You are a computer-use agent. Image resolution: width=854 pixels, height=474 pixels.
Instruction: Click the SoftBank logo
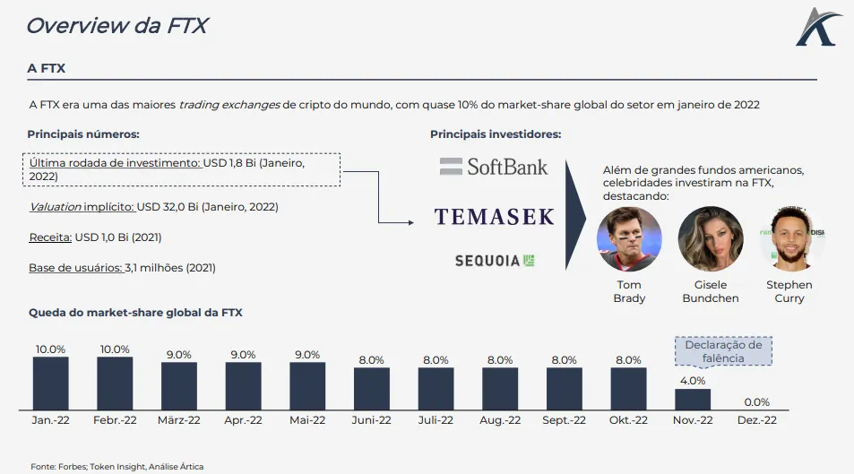(x=494, y=166)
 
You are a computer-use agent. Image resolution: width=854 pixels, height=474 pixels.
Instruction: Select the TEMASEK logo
(x=494, y=216)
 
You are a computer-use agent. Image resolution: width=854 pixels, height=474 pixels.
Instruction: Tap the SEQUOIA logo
(x=495, y=260)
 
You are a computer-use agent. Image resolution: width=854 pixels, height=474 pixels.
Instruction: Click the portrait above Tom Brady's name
(x=629, y=238)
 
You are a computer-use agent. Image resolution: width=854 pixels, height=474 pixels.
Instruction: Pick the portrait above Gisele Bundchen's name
(x=711, y=238)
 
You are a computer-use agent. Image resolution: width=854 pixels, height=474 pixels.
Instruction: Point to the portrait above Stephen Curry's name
(x=789, y=238)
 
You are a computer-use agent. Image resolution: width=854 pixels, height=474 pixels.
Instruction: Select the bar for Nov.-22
(x=692, y=399)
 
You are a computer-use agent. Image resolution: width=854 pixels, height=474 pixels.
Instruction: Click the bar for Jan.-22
(x=50, y=384)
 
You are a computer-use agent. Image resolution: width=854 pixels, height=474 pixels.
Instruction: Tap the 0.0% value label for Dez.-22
(x=756, y=402)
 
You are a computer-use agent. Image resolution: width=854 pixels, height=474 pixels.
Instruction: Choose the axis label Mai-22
(x=307, y=420)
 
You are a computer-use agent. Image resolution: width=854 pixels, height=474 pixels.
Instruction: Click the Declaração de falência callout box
(x=722, y=351)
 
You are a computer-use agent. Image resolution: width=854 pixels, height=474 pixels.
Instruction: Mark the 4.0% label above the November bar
(x=692, y=381)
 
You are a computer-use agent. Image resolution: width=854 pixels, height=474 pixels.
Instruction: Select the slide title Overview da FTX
(x=116, y=25)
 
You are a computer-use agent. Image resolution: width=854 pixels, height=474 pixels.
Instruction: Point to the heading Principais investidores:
(x=496, y=134)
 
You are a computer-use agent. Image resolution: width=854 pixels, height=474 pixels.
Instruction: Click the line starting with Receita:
(x=95, y=237)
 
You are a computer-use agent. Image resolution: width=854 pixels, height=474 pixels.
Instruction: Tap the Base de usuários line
(x=122, y=267)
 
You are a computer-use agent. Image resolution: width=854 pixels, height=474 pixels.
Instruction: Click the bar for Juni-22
(x=371, y=387)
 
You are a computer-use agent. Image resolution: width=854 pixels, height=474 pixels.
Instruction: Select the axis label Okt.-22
(x=627, y=420)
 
